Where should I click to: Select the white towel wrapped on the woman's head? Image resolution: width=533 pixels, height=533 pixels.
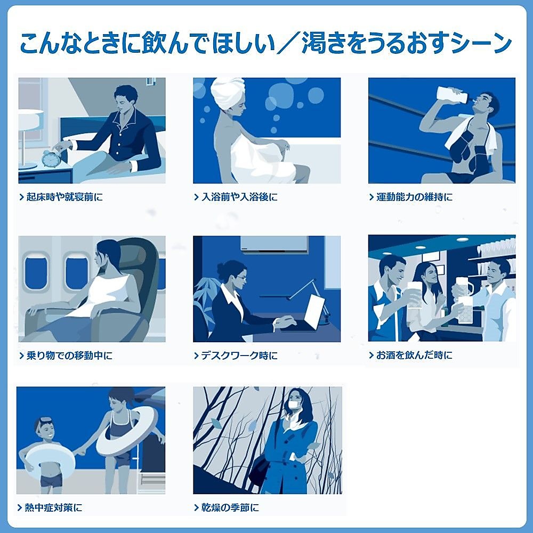tap(228, 93)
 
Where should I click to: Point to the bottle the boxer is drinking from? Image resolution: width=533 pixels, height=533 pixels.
tap(451, 94)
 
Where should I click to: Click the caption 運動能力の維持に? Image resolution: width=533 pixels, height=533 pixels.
tap(414, 197)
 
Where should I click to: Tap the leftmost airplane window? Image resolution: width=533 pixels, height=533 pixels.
tap(36, 271)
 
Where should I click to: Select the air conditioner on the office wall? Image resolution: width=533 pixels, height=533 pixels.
tap(274, 244)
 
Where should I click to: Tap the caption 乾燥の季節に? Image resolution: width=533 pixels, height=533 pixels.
tap(229, 508)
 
